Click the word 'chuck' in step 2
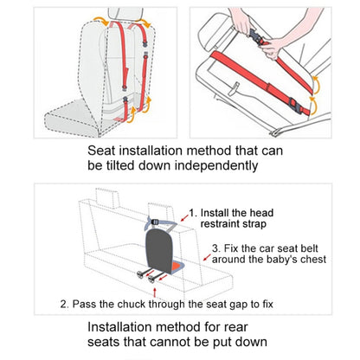(137, 304)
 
